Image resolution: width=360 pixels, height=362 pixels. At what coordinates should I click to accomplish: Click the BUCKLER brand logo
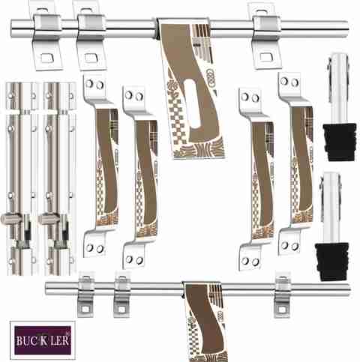(x=43, y=340)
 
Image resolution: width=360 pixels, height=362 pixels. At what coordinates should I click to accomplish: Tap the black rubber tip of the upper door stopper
(x=340, y=142)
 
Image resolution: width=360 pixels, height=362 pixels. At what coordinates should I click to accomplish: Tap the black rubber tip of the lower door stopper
(x=332, y=262)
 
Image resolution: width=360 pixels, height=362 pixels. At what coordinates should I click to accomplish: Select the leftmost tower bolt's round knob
(x=9, y=219)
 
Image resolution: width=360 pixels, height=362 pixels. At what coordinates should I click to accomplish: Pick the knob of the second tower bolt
(x=46, y=219)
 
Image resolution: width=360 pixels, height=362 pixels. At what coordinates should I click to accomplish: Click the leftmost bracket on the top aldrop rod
(x=46, y=35)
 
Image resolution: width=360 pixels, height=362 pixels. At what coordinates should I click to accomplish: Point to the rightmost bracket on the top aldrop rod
(x=266, y=36)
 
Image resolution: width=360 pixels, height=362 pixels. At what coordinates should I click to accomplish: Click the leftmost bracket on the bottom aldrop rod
(x=85, y=295)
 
